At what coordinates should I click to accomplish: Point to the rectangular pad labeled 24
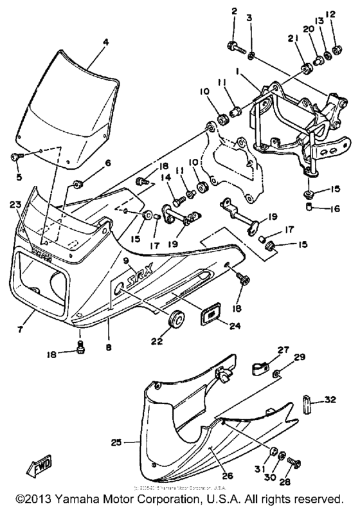[208, 314]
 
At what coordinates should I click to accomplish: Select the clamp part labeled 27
[258, 370]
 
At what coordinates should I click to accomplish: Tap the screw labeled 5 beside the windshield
[16, 156]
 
